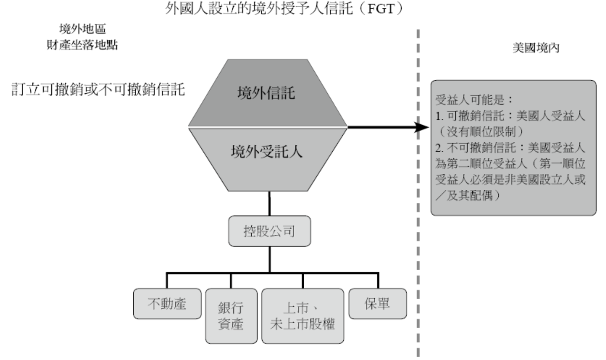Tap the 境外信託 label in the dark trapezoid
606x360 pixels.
[x=268, y=93]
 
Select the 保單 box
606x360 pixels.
[x=378, y=303]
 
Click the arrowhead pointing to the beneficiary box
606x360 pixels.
[x=423, y=128]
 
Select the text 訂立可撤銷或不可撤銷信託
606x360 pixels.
[x=99, y=91]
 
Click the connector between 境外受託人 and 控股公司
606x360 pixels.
[x=269, y=203]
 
